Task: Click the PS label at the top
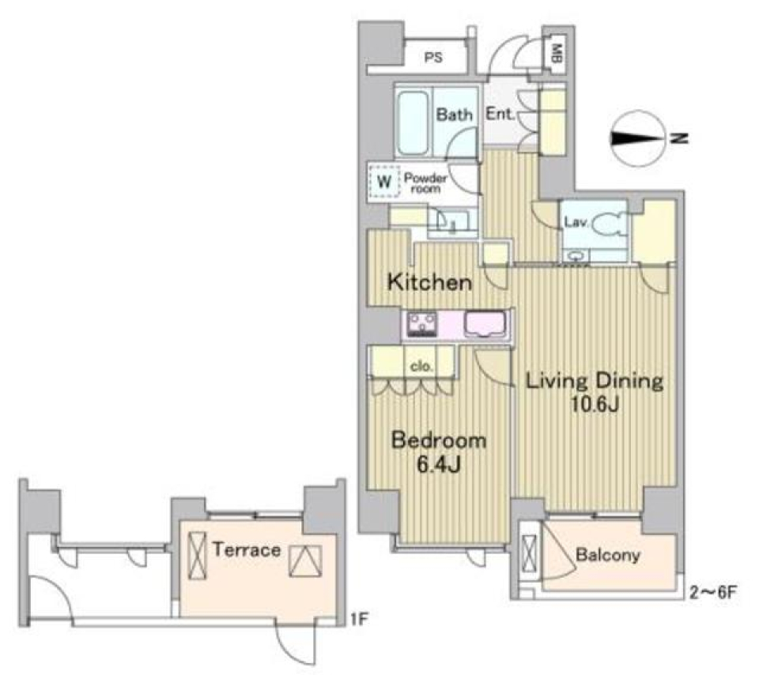tap(432, 57)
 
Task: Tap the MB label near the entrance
tap(557, 54)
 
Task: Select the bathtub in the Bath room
tap(413, 124)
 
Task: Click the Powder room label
tap(425, 183)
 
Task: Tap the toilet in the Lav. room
tap(606, 226)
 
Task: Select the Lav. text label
tap(575, 223)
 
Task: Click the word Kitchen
tap(429, 282)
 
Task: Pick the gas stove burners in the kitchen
tap(423, 323)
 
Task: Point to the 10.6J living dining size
tap(595, 408)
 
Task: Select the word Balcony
tap(606, 555)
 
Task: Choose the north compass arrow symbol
tap(638, 138)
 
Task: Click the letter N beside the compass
tap(679, 138)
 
